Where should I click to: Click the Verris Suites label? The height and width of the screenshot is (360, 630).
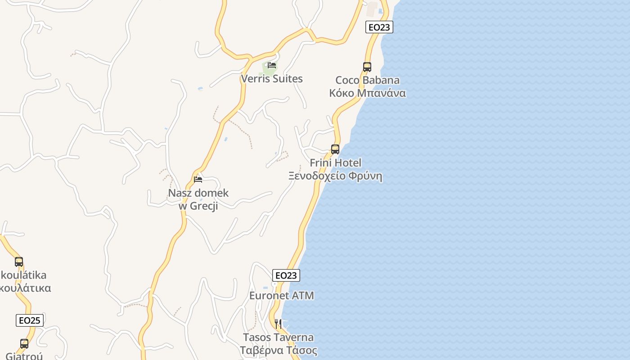coord(272,79)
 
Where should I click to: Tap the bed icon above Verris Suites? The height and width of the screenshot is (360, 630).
coord(272,65)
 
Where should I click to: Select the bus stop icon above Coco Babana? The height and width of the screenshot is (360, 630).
coord(367,67)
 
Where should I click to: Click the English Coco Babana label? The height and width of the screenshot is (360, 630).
coord(367,81)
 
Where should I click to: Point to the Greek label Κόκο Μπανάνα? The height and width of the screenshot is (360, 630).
coord(367,93)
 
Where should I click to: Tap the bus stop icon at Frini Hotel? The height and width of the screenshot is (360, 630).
coord(335,149)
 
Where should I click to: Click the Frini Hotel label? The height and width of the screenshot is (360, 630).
coord(335,163)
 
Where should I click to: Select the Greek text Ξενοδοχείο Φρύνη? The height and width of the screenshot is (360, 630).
coord(335,176)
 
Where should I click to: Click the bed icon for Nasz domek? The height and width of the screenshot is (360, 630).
coord(198,180)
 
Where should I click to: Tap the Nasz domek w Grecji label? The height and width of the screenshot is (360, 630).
coord(198,199)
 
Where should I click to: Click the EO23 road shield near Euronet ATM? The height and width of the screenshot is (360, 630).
coord(286,275)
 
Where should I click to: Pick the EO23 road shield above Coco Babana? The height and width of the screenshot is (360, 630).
coord(379,27)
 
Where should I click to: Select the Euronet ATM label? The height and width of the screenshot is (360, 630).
coord(282,296)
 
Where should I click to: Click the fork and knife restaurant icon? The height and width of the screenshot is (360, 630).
coord(278,324)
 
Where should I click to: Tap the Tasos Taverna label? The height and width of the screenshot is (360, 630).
coord(278,337)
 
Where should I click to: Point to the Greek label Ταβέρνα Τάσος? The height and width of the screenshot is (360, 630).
coord(278,351)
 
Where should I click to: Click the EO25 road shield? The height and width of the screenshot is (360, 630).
coord(30,320)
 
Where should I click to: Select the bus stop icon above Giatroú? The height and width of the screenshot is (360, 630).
coord(24,344)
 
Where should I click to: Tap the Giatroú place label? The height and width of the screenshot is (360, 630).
coord(23,356)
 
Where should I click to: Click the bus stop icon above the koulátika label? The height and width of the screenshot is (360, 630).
coord(19,262)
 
